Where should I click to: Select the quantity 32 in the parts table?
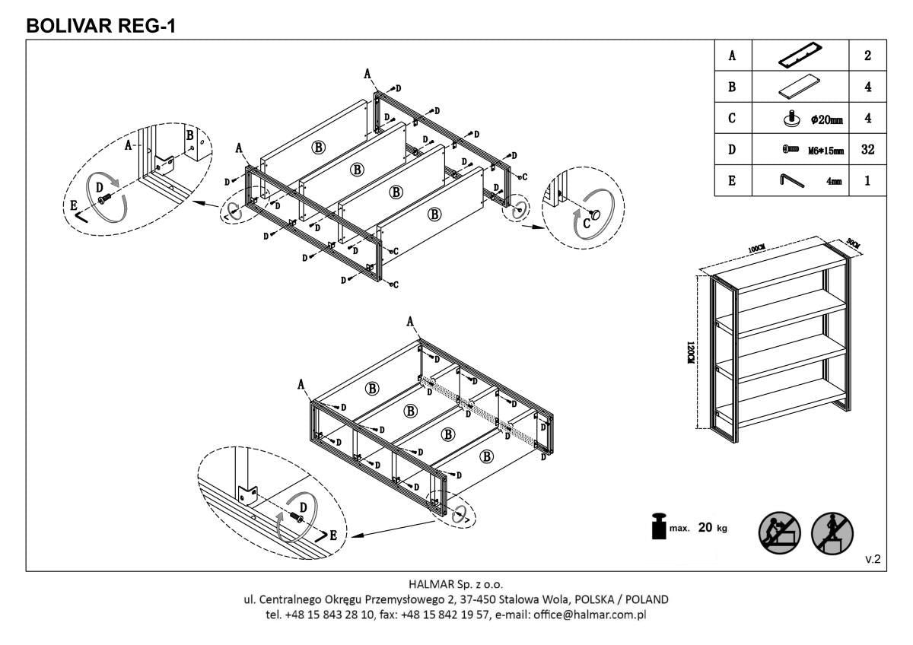[867, 149]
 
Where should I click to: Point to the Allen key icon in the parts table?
[789, 180]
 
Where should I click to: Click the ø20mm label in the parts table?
[826, 119]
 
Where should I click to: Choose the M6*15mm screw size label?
[826, 150]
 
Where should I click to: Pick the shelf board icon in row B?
[800, 87]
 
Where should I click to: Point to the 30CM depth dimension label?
[852, 243]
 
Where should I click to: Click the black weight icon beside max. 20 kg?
[659, 526]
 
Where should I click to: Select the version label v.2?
[873, 559]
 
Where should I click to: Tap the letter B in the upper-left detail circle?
[189, 135]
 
